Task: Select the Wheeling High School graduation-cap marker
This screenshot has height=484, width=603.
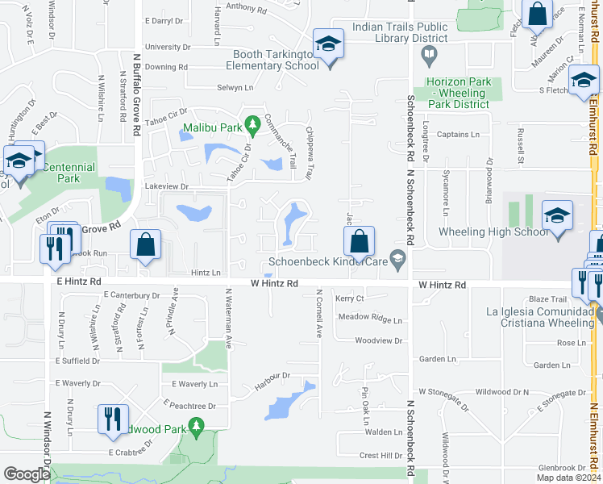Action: click(557, 216)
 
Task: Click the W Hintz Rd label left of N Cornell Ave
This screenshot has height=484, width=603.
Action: click(274, 284)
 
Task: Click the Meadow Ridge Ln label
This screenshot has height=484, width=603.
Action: click(369, 319)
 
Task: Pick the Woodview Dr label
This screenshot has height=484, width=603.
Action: click(378, 340)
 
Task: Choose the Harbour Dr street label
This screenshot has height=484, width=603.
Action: click(272, 376)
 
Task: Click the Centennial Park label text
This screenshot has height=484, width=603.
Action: click(69, 173)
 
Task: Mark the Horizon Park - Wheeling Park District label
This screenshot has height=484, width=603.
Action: click(458, 93)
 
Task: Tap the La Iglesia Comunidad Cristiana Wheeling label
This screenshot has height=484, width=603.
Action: click(539, 317)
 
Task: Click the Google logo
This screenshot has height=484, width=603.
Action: click(27, 474)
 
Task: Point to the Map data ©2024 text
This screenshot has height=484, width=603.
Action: click(568, 478)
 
